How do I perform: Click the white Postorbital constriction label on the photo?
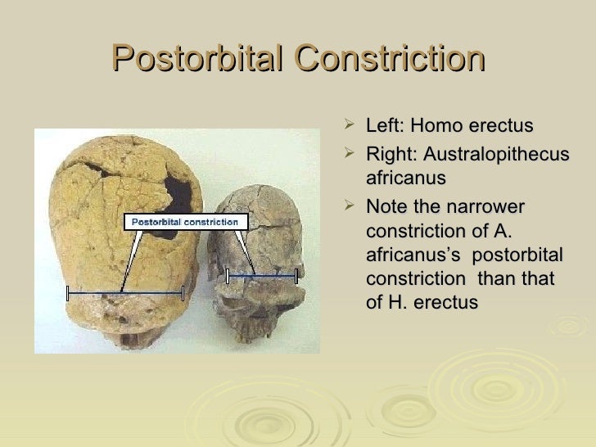(x=185, y=221)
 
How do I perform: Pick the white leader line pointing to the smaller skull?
(x=245, y=250)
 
